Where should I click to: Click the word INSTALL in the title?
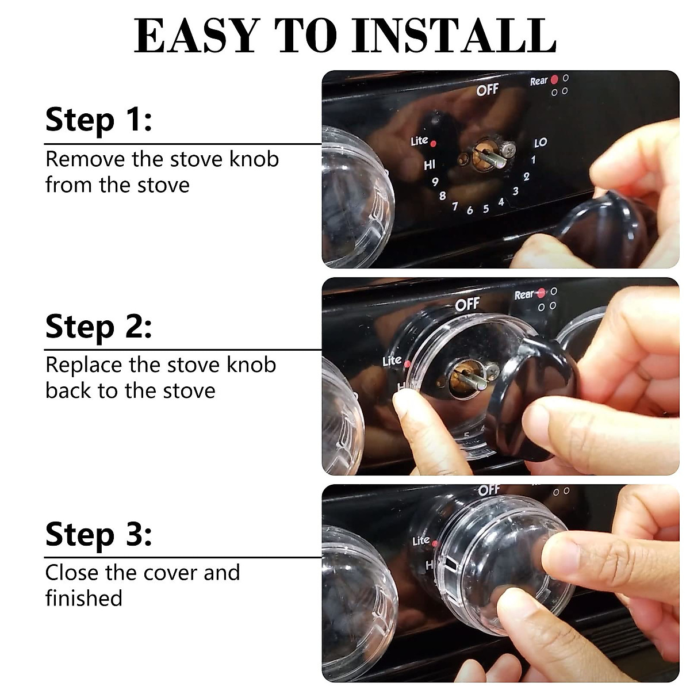[454, 36]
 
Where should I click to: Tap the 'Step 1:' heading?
[98, 120]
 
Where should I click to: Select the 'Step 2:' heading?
[98, 327]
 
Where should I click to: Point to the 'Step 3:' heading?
[98, 534]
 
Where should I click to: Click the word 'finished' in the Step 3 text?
[84, 598]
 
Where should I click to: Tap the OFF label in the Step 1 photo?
[487, 90]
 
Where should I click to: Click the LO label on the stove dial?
[540, 142]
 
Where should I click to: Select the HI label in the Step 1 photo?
[430, 166]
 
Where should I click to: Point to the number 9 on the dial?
[435, 182]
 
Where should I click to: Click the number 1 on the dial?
[534, 160]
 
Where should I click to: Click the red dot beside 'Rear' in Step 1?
[554, 79]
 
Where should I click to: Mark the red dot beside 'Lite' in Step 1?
[434, 143]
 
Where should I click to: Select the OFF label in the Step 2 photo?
[467, 304]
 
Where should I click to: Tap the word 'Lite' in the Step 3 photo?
[420, 540]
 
